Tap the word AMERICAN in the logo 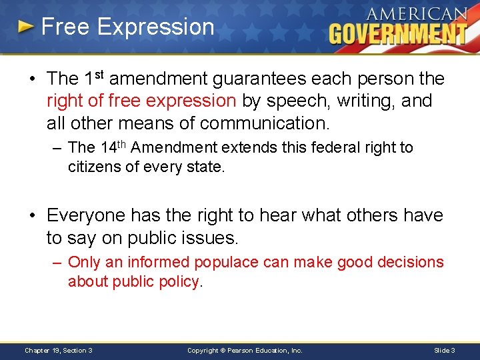[x=416, y=14]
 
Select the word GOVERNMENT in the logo [x=398, y=33]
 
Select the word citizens [x=92, y=167]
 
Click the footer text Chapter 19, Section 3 [x=59, y=350]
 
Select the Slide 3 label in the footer [x=444, y=350]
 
